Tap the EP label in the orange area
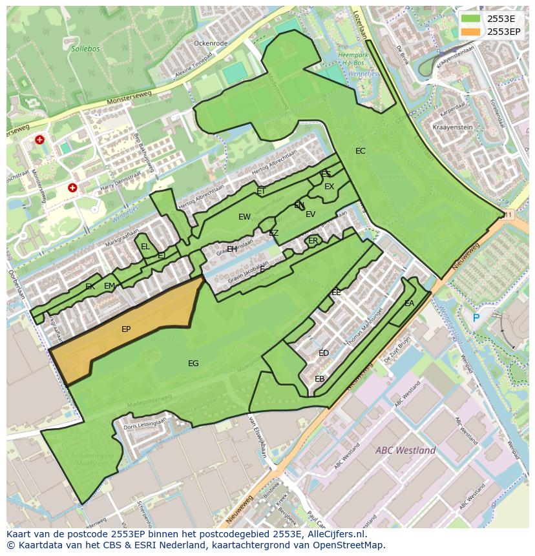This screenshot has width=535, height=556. (x=126, y=329)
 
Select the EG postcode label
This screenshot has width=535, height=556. (x=193, y=364)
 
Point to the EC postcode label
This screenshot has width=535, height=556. (x=361, y=151)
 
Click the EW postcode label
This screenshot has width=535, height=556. (x=244, y=217)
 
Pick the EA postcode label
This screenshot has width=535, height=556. (x=409, y=304)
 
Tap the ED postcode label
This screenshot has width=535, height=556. (x=324, y=353)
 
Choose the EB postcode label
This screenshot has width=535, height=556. (x=319, y=379)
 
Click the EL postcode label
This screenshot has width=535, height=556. (x=145, y=247)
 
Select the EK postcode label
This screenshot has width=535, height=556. (x=90, y=287)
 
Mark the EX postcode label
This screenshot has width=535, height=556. (x=330, y=187)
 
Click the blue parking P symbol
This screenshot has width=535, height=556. (x=476, y=318)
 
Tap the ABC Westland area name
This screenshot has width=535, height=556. (x=405, y=450)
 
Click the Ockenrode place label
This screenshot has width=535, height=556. (x=211, y=43)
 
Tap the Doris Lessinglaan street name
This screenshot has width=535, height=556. (x=145, y=424)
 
